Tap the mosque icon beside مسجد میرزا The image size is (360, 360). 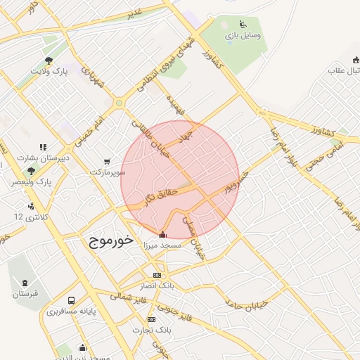[x=163, y=234]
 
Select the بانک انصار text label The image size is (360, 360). [x=157, y=286]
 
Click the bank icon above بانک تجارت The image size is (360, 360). [x=151, y=319]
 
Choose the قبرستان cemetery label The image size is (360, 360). [x=25, y=293]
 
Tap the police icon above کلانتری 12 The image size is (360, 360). [x=31, y=206]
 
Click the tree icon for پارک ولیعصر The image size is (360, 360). [x=31, y=171]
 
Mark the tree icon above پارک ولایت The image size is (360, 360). [x=49, y=60]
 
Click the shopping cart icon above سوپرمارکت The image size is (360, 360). [x=107, y=161]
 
